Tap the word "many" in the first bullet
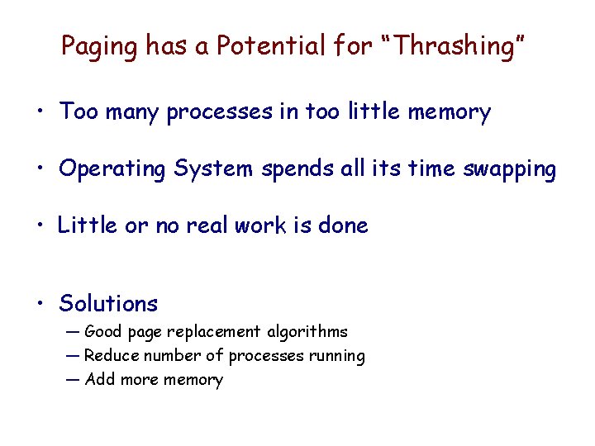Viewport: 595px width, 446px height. (132, 112)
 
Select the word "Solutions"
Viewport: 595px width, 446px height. (108, 304)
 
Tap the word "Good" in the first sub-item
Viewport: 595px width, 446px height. (102, 332)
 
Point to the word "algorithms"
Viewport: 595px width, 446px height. (307, 332)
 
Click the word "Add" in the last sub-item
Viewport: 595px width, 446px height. (100, 380)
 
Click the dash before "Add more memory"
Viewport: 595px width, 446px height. (73, 380)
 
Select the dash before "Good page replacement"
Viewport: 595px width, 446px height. (73, 332)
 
